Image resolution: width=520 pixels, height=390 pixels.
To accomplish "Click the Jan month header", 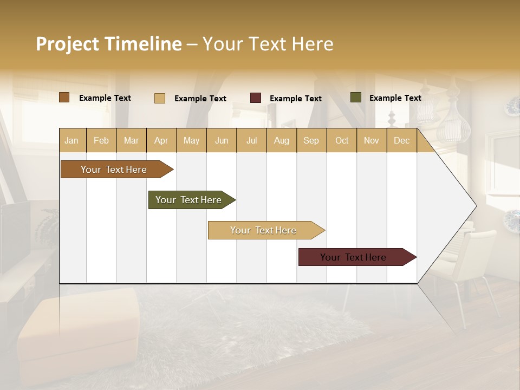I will pos(71,140).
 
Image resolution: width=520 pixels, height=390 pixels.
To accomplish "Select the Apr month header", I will pos(161,140).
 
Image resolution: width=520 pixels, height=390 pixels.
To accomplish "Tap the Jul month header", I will pos(251,140).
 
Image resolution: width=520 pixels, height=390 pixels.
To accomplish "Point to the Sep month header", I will pos(311,140).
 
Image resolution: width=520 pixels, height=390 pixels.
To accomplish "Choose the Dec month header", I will pos(401,140).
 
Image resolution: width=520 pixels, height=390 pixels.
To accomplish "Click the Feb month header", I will pos(101,140).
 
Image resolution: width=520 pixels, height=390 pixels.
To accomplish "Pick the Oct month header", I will pos(342,140).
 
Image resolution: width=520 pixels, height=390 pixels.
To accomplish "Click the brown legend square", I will pos(64,97).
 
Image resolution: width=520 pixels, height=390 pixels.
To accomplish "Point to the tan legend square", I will pos(160,98).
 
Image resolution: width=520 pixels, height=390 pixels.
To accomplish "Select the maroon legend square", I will pos(256,98).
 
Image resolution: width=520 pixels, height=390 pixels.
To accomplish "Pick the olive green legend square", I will pos(355,97).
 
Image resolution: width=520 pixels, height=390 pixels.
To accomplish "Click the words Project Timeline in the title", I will pos(109,44).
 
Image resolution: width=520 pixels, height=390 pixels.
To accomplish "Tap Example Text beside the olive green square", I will pos(395,98).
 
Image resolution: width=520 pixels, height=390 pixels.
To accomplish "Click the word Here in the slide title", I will pos(313,44).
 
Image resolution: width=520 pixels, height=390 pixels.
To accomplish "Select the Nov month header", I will pos(372,140).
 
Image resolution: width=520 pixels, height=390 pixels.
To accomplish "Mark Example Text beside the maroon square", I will pos(295,99).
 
